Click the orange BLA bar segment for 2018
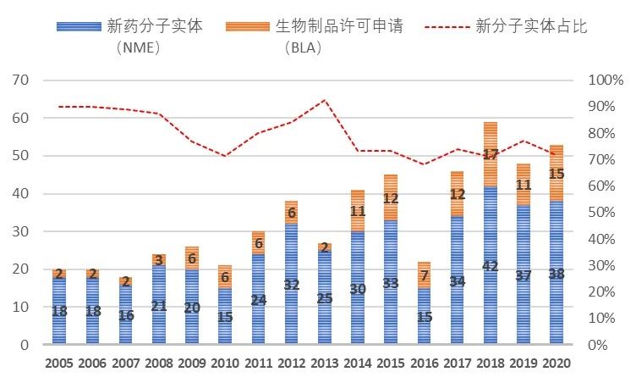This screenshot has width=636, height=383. (x=490, y=154)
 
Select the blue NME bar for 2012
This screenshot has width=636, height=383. (x=291, y=284)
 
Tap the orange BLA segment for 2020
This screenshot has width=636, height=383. (x=556, y=173)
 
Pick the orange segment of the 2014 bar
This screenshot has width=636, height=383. (x=358, y=211)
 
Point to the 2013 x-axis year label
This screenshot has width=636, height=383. (x=324, y=365)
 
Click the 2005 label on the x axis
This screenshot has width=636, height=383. (x=59, y=365)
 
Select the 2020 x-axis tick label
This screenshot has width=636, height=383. (x=556, y=365)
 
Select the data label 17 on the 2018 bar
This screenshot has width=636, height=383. (x=491, y=156)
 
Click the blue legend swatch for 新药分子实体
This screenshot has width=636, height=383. (x=78, y=26)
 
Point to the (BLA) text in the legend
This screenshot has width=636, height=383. (x=306, y=47)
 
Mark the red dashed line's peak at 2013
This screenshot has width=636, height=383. (x=324, y=100)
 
